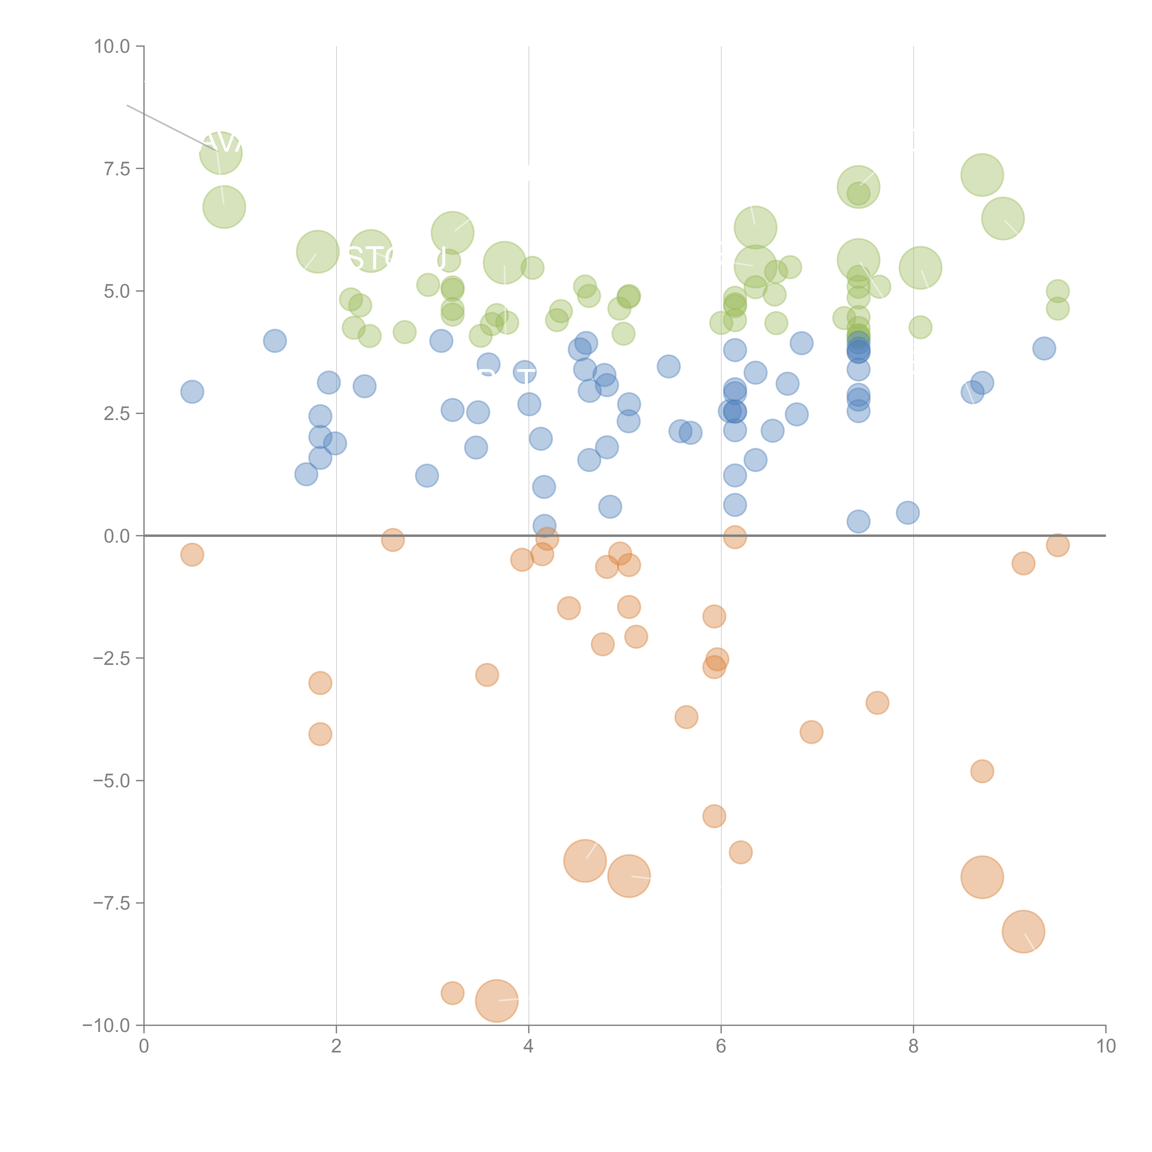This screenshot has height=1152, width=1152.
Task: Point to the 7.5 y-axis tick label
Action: pos(117,169)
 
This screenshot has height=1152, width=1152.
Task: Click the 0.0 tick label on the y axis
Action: pos(117,536)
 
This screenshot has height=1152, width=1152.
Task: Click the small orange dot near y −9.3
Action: pos(453,993)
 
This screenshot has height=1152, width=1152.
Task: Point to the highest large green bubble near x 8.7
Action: pos(982,175)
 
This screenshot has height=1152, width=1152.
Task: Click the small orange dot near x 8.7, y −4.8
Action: pos(982,771)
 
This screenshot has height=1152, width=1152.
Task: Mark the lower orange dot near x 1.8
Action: pos(320,734)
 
